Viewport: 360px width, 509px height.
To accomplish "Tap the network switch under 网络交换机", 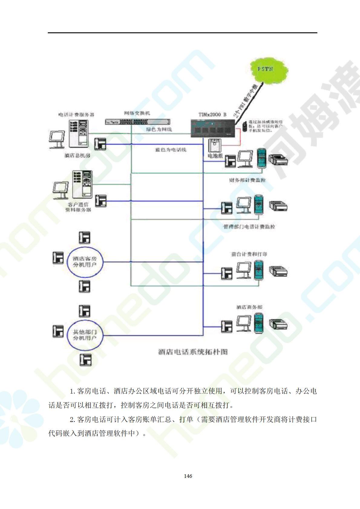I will point(138,122).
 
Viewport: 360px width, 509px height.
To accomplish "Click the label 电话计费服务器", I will point(76,115).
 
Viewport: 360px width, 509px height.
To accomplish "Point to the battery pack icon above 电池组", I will point(215,146).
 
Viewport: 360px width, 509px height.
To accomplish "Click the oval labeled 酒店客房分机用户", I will point(85,262).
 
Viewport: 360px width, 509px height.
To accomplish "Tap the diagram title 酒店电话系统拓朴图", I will point(193,352).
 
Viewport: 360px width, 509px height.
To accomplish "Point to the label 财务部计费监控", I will point(247,180).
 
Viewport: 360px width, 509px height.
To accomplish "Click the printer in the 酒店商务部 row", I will point(278,324).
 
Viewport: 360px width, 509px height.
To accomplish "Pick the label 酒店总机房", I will point(77,156).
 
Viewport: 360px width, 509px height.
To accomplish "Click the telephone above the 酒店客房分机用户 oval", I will point(85,238).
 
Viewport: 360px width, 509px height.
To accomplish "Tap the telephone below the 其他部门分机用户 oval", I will point(85,360).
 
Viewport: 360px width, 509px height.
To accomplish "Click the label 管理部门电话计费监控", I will point(249,227).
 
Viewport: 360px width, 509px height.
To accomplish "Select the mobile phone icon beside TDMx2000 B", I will point(244,126).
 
